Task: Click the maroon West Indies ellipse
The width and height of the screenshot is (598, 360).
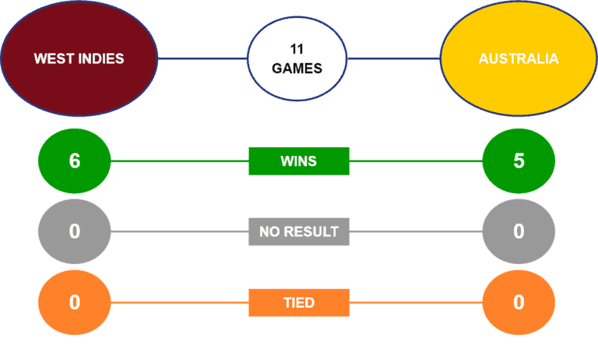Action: click(x=79, y=58)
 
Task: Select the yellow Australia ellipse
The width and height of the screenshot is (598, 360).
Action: click(x=519, y=58)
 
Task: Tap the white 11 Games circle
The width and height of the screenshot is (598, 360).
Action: click(x=297, y=58)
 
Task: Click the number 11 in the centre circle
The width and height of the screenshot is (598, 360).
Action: click(x=297, y=49)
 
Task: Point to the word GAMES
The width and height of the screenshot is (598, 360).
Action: click(x=297, y=69)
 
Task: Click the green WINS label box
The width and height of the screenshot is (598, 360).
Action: click(x=299, y=161)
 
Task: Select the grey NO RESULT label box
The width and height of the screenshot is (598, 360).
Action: click(x=299, y=231)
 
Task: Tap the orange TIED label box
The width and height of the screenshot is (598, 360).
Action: click(x=299, y=303)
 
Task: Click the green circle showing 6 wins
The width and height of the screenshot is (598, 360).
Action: click(x=75, y=161)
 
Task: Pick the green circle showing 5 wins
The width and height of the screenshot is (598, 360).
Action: click(x=519, y=161)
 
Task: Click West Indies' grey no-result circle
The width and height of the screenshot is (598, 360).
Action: click(x=75, y=231)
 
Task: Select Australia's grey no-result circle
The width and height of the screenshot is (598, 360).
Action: click(x=519, y=231)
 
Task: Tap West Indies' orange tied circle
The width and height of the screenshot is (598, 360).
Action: click(x=75, y=302)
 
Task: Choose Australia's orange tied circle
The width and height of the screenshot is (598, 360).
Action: click(x=519, y=302)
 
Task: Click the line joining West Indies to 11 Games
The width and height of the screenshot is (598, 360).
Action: click(x=202, y=58)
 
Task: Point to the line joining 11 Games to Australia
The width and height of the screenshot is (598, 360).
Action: click(x=394, y=58)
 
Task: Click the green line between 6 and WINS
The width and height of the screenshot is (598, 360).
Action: click(x=180, y=161)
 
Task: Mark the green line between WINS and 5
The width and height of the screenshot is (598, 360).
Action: click(x=416, y=161)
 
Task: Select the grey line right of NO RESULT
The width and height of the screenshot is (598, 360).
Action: click(x=416, y=231)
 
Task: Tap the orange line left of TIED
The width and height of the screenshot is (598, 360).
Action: click(x=180, y=302)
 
